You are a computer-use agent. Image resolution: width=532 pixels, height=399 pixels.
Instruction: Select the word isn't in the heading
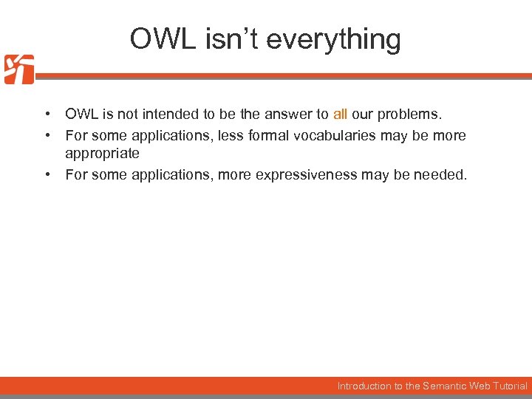click(x=228, y=38)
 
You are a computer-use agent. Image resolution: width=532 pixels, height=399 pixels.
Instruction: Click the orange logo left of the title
click(x=18, y=69)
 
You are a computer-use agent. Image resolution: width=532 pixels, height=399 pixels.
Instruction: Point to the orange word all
click(x=340, y=114)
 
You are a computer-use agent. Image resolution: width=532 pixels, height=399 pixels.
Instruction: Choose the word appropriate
click(x=102, y=153)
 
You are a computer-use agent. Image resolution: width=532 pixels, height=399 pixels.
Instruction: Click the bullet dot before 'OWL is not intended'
click(x=47, y=115)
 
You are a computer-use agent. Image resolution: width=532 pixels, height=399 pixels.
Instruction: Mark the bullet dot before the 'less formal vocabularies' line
click(x=47, y=136)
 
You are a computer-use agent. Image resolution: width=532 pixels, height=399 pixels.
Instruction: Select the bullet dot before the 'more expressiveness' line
click(x=47, y=175)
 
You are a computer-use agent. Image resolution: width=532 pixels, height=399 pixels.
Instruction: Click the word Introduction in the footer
click(x=364, y=386)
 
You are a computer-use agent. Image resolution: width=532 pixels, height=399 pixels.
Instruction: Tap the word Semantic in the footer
click(x=444, y=386)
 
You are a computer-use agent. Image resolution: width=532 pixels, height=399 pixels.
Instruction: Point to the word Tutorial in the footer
click(x=509, y=386)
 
